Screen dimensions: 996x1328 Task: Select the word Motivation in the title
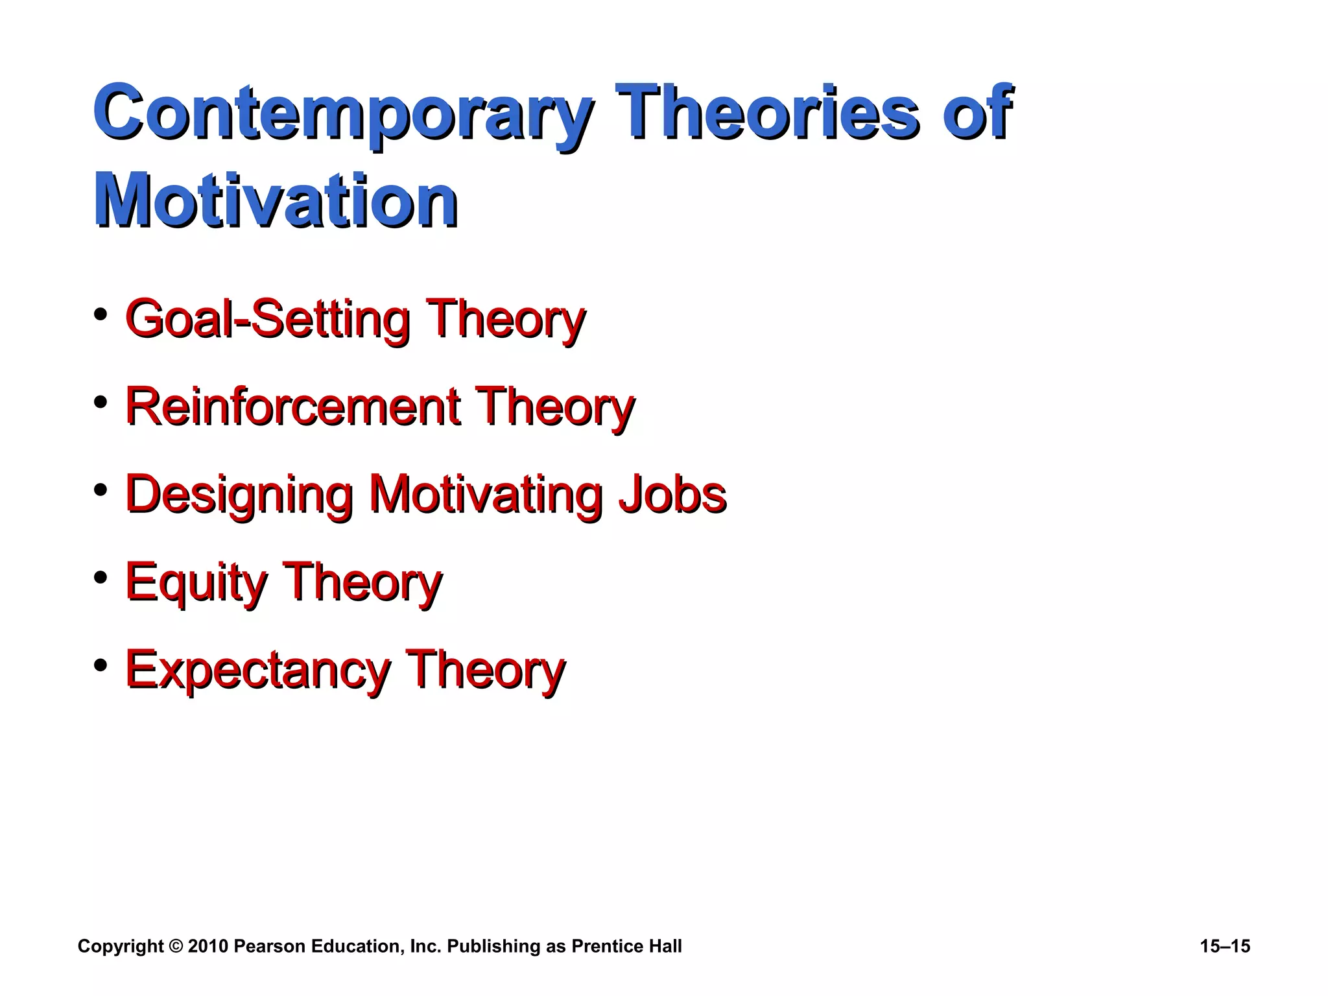[276, 201]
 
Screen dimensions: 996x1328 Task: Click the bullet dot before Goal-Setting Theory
[100, 315]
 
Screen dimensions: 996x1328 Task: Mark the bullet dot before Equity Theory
[100, 577]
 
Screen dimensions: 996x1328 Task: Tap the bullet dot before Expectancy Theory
[100, 665]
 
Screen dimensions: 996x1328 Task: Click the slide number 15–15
[1225, 947]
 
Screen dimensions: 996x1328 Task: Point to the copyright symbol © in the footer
[176, 947]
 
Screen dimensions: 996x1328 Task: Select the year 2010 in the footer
[207, 947]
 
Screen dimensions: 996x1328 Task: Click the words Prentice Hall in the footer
[626, 947]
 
